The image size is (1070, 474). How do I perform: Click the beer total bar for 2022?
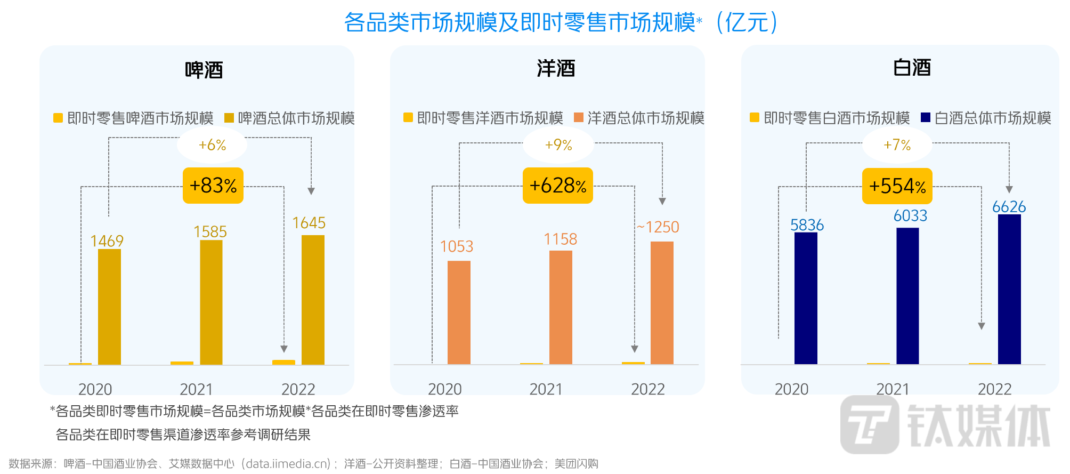[x=313, y=300]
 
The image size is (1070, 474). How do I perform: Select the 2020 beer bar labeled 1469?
[x=109, y=307]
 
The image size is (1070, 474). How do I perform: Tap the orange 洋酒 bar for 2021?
[x=561, y=307]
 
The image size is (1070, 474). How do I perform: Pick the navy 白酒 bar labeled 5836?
[x=806, y=298]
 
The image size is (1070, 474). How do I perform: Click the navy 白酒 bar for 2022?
[x=1009, y=289]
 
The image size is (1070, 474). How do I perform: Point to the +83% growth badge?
[x=213, y=186]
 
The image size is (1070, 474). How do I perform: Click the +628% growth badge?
[x=558, y=186]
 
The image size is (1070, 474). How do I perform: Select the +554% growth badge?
[x=897, y=186]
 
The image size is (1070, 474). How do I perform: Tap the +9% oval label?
[x=558, y=145]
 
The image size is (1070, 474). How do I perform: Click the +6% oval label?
[x=212, y=145]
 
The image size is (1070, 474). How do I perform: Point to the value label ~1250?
[x=658, y=227]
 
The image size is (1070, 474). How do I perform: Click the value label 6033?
[x=910, y=216]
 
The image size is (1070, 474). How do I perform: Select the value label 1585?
[x=210, y=232]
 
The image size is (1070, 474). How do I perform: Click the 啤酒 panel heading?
[x=204, y=70]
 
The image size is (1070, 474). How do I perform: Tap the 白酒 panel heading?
[x=912, y=68]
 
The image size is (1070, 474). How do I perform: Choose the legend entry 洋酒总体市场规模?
[x=639, y=118]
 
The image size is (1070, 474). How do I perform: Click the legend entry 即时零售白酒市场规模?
[x=830, y=118]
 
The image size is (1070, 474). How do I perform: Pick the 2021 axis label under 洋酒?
[x=546, y=389]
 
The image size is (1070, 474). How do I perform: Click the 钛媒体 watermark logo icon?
[x=870, y=424]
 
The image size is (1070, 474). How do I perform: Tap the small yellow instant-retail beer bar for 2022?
[x=283, y=362]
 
